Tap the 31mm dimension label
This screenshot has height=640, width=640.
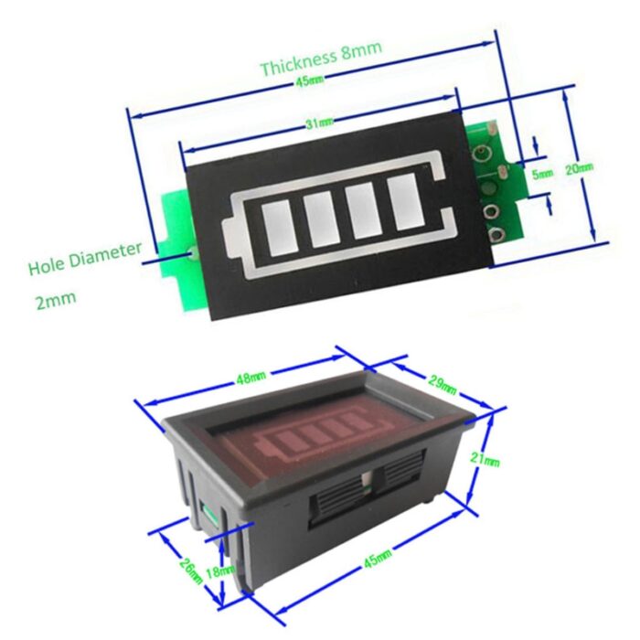coord(319,122)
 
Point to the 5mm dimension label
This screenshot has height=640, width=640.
coord(542,172)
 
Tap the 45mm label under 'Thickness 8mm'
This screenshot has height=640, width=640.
coord(309,83)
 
